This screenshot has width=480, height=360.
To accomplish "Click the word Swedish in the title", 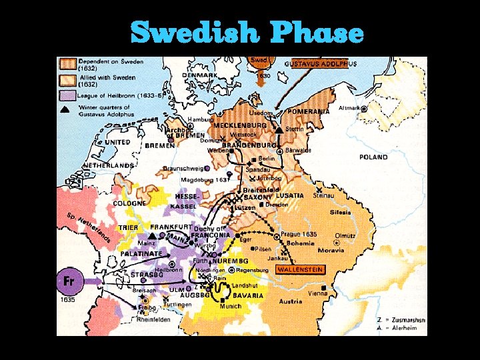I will point(194,31).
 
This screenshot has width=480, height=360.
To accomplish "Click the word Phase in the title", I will point(317,31).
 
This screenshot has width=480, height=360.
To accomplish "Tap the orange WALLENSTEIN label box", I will point(300,270).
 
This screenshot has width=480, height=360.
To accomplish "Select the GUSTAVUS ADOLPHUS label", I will point(321,64).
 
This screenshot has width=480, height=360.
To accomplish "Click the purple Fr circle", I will point(69,280).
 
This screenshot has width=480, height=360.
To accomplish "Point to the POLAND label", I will point(373,157).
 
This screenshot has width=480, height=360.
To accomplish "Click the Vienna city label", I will point(317,293).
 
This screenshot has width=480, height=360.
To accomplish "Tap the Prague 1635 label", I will point(298,235).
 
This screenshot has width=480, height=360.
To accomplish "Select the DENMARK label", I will point(199,75).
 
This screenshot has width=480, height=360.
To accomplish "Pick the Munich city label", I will point(230,307).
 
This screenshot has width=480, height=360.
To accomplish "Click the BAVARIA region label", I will point(248,295).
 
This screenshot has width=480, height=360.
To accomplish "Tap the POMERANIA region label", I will point(309,111).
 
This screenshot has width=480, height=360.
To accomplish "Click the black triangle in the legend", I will point(65,109).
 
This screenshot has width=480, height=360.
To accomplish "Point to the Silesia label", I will point(339,212).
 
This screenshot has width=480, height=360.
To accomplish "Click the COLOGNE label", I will point(129,203).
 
